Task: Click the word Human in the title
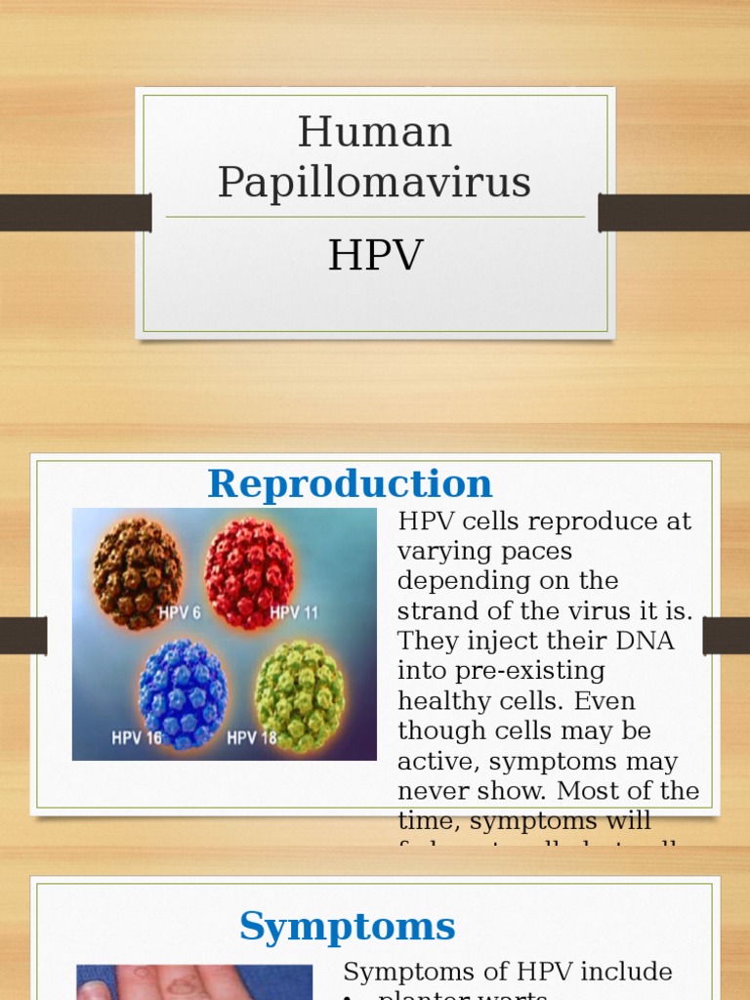click(375, 133)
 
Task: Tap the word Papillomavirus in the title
click(375, 183)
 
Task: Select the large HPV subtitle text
click(375, 256)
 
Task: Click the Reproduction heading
click(350, 484)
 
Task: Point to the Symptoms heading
click(347, 926)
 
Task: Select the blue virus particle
click(183, 693)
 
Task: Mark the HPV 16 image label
click(137, 738)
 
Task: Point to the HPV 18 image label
click(253, 738)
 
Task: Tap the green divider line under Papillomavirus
click(375, 217)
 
